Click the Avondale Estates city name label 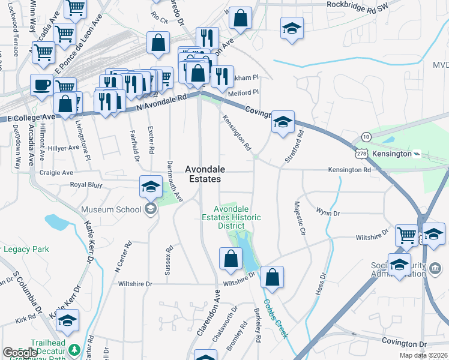click(202, 174)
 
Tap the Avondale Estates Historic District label click(231, 217)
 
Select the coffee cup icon click(42, 85)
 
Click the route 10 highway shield click(366, 137)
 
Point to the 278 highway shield click(361, 154)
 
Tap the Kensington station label click(393, 154)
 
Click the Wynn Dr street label click(328, 212)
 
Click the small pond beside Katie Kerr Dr click(57, 223)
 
